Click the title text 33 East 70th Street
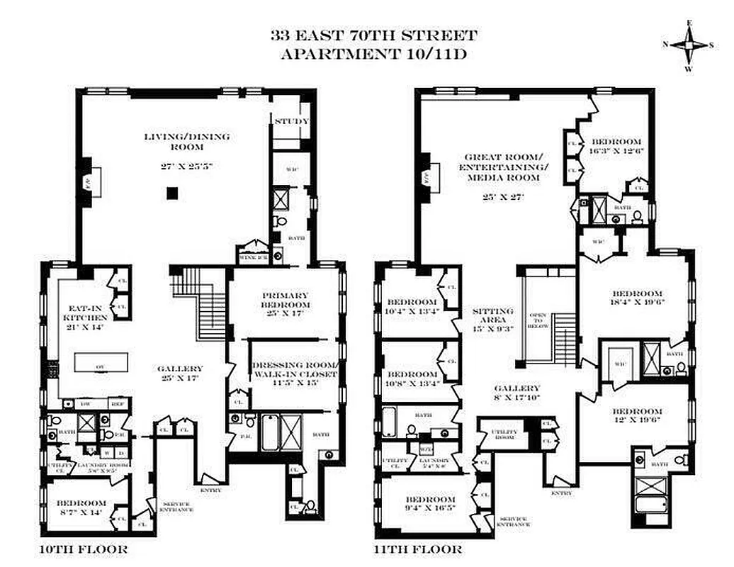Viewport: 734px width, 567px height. click(373, 36)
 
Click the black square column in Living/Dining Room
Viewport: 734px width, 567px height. click(171, 192)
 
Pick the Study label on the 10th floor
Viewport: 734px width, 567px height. click(291, 121)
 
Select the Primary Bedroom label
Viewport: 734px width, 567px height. click(285, 300)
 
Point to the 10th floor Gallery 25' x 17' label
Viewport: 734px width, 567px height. click(180, 374)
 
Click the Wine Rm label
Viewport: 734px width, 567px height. click(253, 258)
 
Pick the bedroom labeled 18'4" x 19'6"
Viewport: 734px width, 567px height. click(637, 298)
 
